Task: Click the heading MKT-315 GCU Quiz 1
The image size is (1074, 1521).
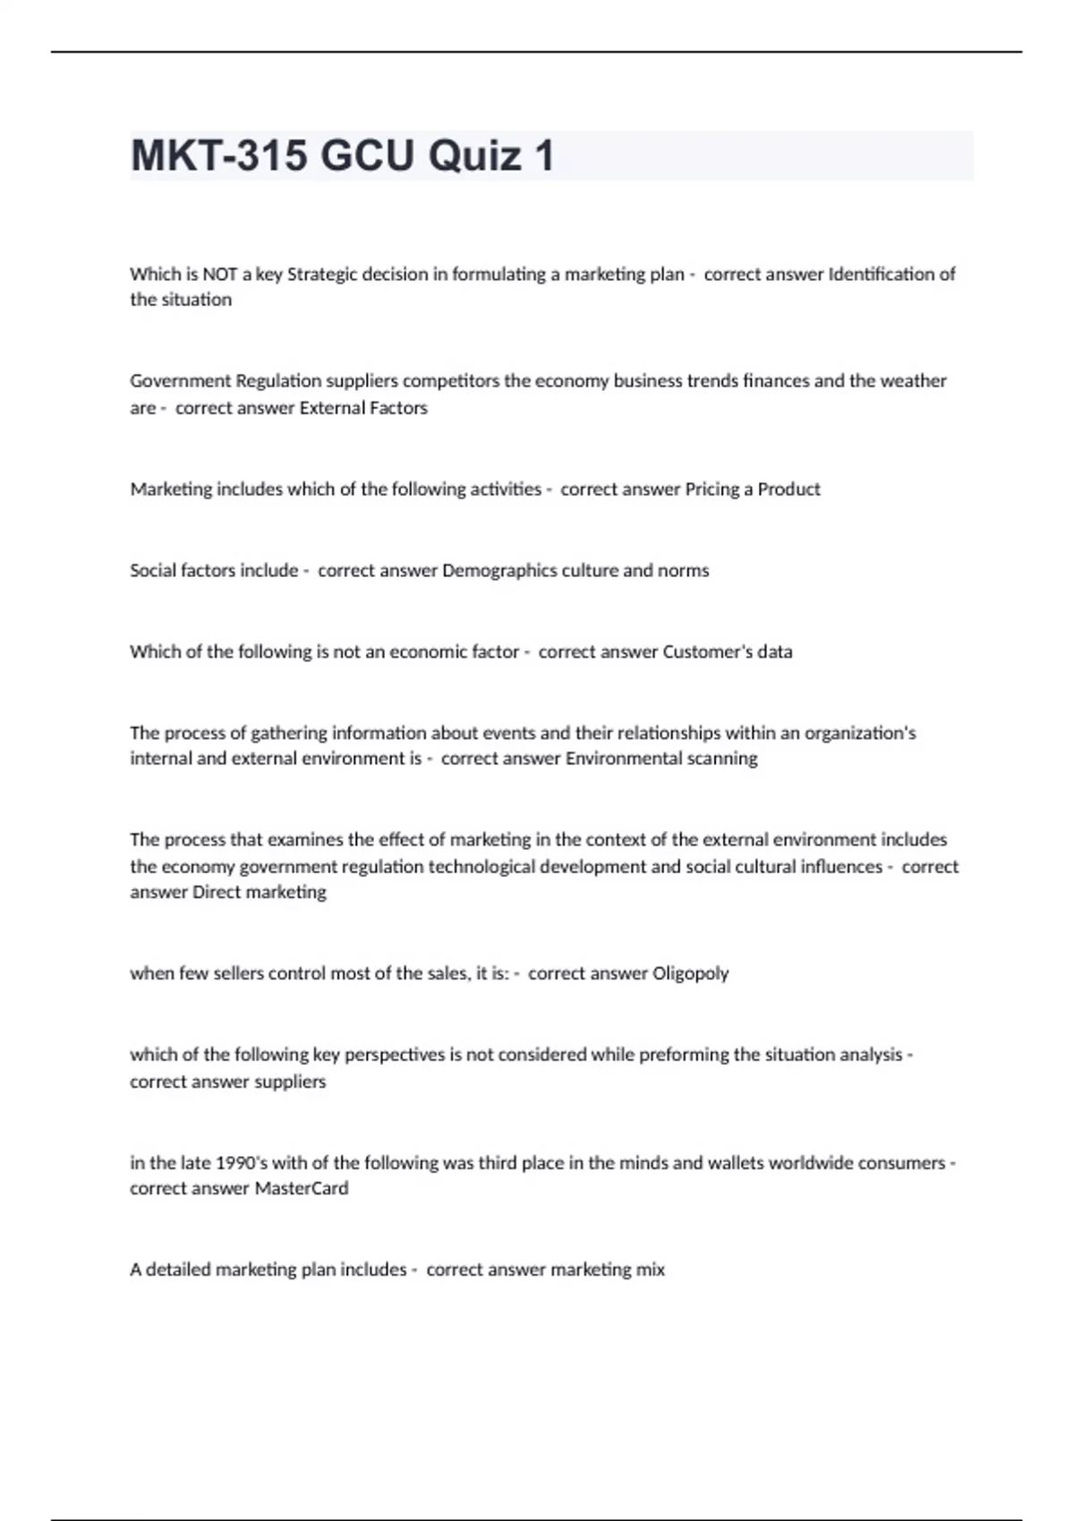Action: [343, 156]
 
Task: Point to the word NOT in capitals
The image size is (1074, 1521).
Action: [220, 275]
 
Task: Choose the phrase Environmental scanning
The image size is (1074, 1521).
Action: [661, 759]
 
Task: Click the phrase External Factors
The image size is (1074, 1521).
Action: [363, 408]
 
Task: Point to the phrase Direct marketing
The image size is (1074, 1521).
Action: [260, 892]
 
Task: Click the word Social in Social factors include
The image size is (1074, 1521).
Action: [152, 571]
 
